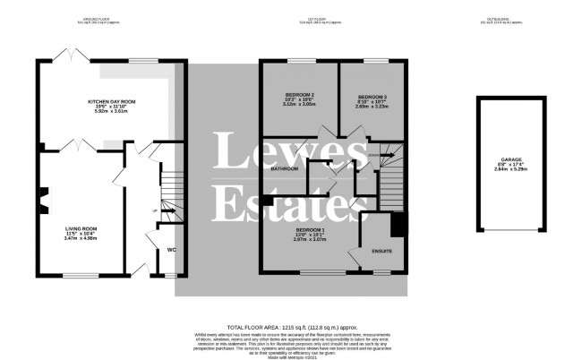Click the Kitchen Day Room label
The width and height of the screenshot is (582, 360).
(x=111, y=103)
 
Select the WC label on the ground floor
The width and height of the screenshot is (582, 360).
(x=171, y=250)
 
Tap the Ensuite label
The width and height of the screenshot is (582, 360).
(x=383, y=252)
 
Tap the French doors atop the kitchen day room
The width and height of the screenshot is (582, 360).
(x=64, y=57)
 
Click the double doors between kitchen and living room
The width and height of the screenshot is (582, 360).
(x=81, y=144)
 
